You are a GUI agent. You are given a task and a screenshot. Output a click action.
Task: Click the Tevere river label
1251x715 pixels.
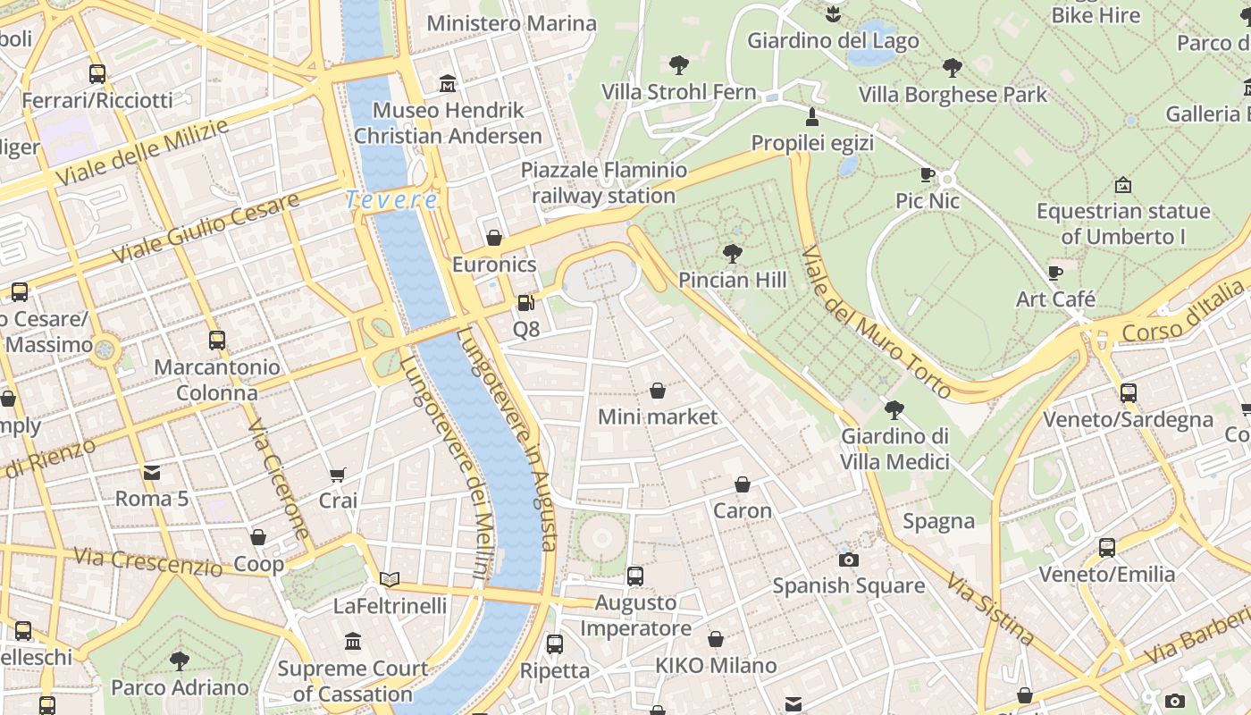pos(391,199)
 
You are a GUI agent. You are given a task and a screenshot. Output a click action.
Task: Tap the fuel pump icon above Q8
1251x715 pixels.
pos(526,303)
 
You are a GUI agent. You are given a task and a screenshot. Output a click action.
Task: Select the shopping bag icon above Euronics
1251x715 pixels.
pos(493,238)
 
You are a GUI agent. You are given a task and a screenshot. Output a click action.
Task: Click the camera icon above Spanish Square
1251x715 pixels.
pos(848,559)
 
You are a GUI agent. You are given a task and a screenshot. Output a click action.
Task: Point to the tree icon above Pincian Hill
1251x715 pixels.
pos(732,254)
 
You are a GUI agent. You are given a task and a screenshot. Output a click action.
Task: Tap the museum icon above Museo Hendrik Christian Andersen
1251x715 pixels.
pos(448,84)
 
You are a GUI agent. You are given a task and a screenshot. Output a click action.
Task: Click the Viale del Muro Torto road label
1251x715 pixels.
pos(875,322)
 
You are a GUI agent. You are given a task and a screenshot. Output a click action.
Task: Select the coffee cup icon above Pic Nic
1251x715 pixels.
pos(928,174)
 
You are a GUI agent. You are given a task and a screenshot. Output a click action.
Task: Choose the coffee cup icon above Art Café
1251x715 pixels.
pos(1055,273)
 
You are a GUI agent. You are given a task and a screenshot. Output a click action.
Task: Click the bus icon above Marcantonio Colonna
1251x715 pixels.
pos(216,341)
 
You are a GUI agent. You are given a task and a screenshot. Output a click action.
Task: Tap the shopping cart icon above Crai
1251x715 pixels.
pos(338,475)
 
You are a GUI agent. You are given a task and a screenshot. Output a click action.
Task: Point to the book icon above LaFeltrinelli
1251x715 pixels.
pos(389,579)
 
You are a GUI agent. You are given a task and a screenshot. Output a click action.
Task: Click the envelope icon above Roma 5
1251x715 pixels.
pos(151,472)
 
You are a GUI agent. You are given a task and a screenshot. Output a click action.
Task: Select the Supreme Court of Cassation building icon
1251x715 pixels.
pos(353,642)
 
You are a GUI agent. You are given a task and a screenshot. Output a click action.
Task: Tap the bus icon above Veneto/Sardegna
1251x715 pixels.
pos(1128,393)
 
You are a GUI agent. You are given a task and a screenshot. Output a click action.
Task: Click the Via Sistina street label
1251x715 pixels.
pos(990,610)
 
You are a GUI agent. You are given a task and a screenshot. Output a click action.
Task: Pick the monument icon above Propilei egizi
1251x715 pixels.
pos(812,116)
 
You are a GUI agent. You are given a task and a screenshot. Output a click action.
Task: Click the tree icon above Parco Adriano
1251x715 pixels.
pos(180,661)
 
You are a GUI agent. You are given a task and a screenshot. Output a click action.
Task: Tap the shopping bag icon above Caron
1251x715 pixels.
pos(742,484)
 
